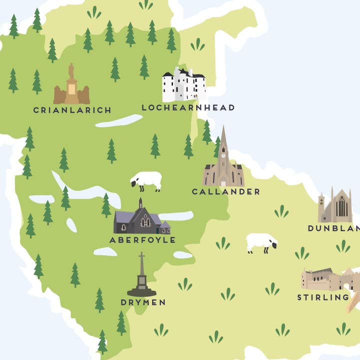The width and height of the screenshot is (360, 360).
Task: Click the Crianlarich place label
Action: click(72, 110)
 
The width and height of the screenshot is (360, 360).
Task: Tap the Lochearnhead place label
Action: click(188, 107)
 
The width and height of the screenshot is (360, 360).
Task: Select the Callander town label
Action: click(226, 191)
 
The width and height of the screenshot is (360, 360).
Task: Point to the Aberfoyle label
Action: click(142, 240)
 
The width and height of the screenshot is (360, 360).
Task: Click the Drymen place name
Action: click(143, 302)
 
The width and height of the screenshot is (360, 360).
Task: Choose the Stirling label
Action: click(323, 297)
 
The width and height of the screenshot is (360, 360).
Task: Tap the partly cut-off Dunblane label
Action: click(333, 228)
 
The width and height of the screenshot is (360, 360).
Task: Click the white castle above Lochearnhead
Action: click(183, 85)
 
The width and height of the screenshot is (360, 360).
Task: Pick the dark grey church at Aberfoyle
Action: click(141, 219)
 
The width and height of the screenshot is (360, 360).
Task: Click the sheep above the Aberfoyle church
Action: click(146, 180)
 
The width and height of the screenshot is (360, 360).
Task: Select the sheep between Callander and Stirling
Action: click(261, 243)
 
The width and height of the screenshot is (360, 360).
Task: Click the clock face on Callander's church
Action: click(223, 155)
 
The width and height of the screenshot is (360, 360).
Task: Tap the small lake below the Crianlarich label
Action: click(119, 121)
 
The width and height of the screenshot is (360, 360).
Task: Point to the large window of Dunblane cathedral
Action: click(341, 206)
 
